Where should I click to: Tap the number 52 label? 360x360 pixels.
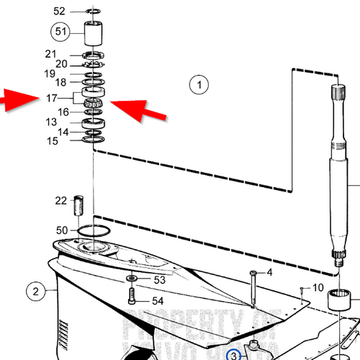[x=59, y=12]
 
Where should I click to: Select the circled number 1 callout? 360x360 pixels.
[x=199, y=85]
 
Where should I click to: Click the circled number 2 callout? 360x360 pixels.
[x=34, y=292]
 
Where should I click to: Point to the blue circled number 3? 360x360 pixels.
[x=233, y=354]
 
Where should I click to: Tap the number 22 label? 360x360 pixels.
[x=61, y=199]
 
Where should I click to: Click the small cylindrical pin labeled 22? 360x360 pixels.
[x=81, y=204]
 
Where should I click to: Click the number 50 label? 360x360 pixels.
[x=63, y=230]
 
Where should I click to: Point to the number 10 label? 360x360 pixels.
[x=318, y=288]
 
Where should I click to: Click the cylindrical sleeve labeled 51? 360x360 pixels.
[x=93, y=33]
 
